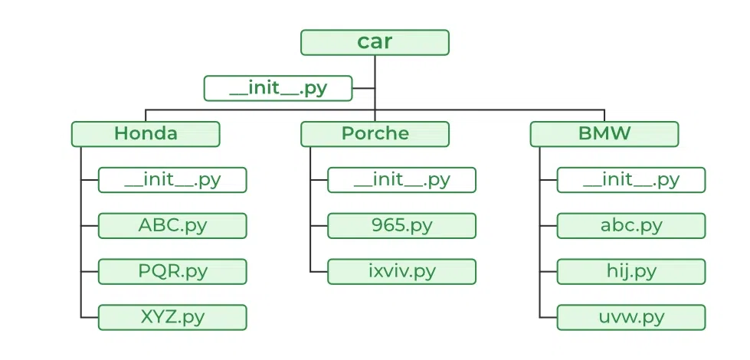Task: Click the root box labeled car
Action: pos(375,42)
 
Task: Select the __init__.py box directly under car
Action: pos(278,88)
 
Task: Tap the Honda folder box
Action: pos(146,134)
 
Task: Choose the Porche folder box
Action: pos(375,134)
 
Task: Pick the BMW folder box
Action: pos(604,134)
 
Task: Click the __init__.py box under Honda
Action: pos(172,180)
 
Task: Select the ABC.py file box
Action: pos(172,226)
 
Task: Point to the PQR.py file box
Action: pos(172,272)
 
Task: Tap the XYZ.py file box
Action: pos(172,317)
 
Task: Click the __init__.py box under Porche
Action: pos(401,180)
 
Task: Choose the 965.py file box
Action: pos(401,226)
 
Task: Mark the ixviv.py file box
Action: pos(401,272)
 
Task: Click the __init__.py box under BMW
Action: pos(630,180)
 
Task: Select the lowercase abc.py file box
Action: pos(630,226)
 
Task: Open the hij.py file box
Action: pos(630,272)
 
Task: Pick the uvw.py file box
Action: pos(630,317)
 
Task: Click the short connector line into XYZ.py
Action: pos(89,317)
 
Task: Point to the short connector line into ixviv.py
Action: pos(319,272)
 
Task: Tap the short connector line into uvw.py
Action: pos(548,317)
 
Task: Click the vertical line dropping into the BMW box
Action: pos(604,116)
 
